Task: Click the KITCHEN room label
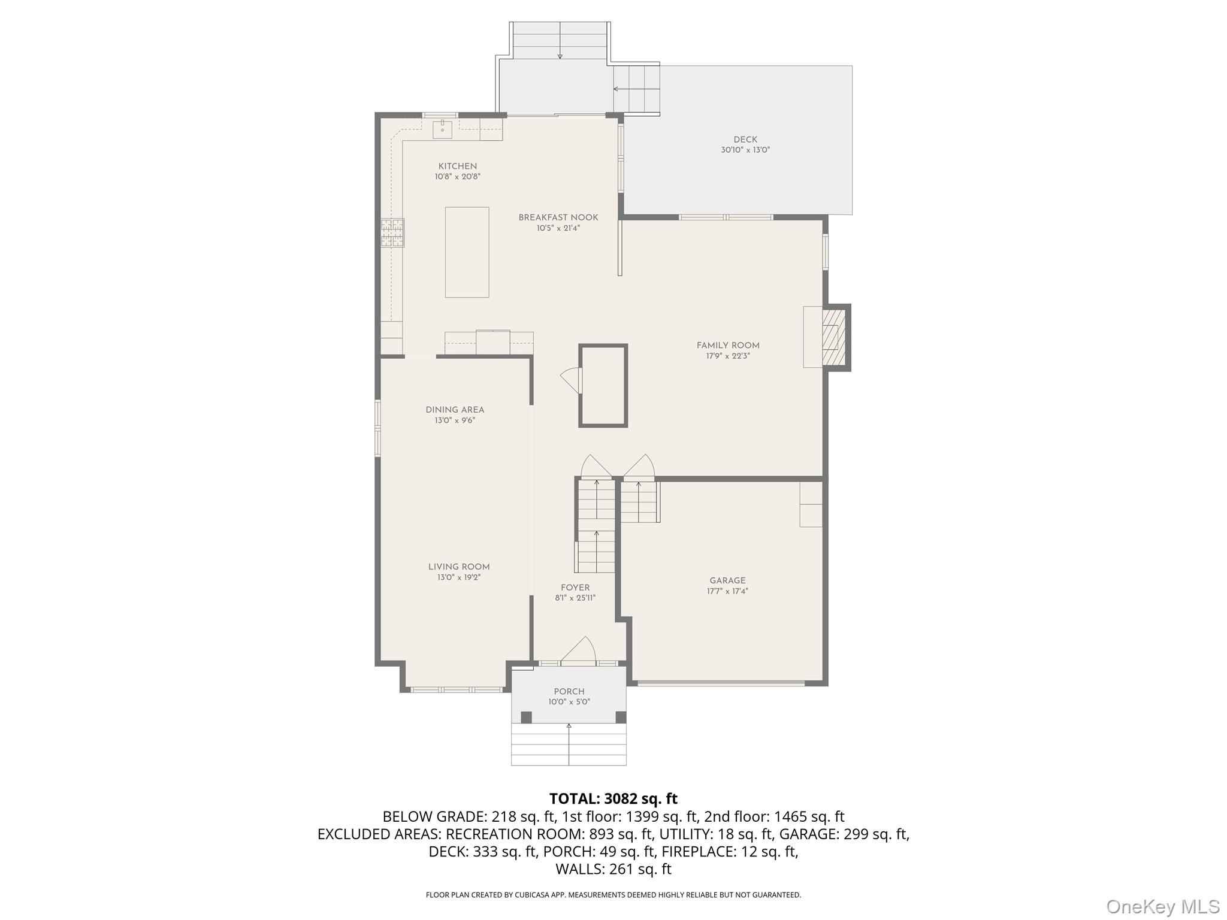[457, 167]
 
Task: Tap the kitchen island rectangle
[467, 252]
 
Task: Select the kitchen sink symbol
[442, 129]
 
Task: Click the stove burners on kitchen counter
[392, 233]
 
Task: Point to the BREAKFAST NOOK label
[558, 217]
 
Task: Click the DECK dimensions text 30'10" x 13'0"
[745, 150]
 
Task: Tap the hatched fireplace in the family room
[833, 337]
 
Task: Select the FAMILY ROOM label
[727, 346]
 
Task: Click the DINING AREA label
[455, 410]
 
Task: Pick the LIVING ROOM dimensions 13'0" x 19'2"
[458, 577]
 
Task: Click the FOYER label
[575, 588]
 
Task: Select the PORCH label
[569, 691]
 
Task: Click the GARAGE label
[727, 580]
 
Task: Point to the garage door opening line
[721, 682]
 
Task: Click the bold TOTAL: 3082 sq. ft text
[613, 798]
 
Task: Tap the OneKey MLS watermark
[1162, 907]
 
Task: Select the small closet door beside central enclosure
[572, 380]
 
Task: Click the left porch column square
[526, 717]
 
